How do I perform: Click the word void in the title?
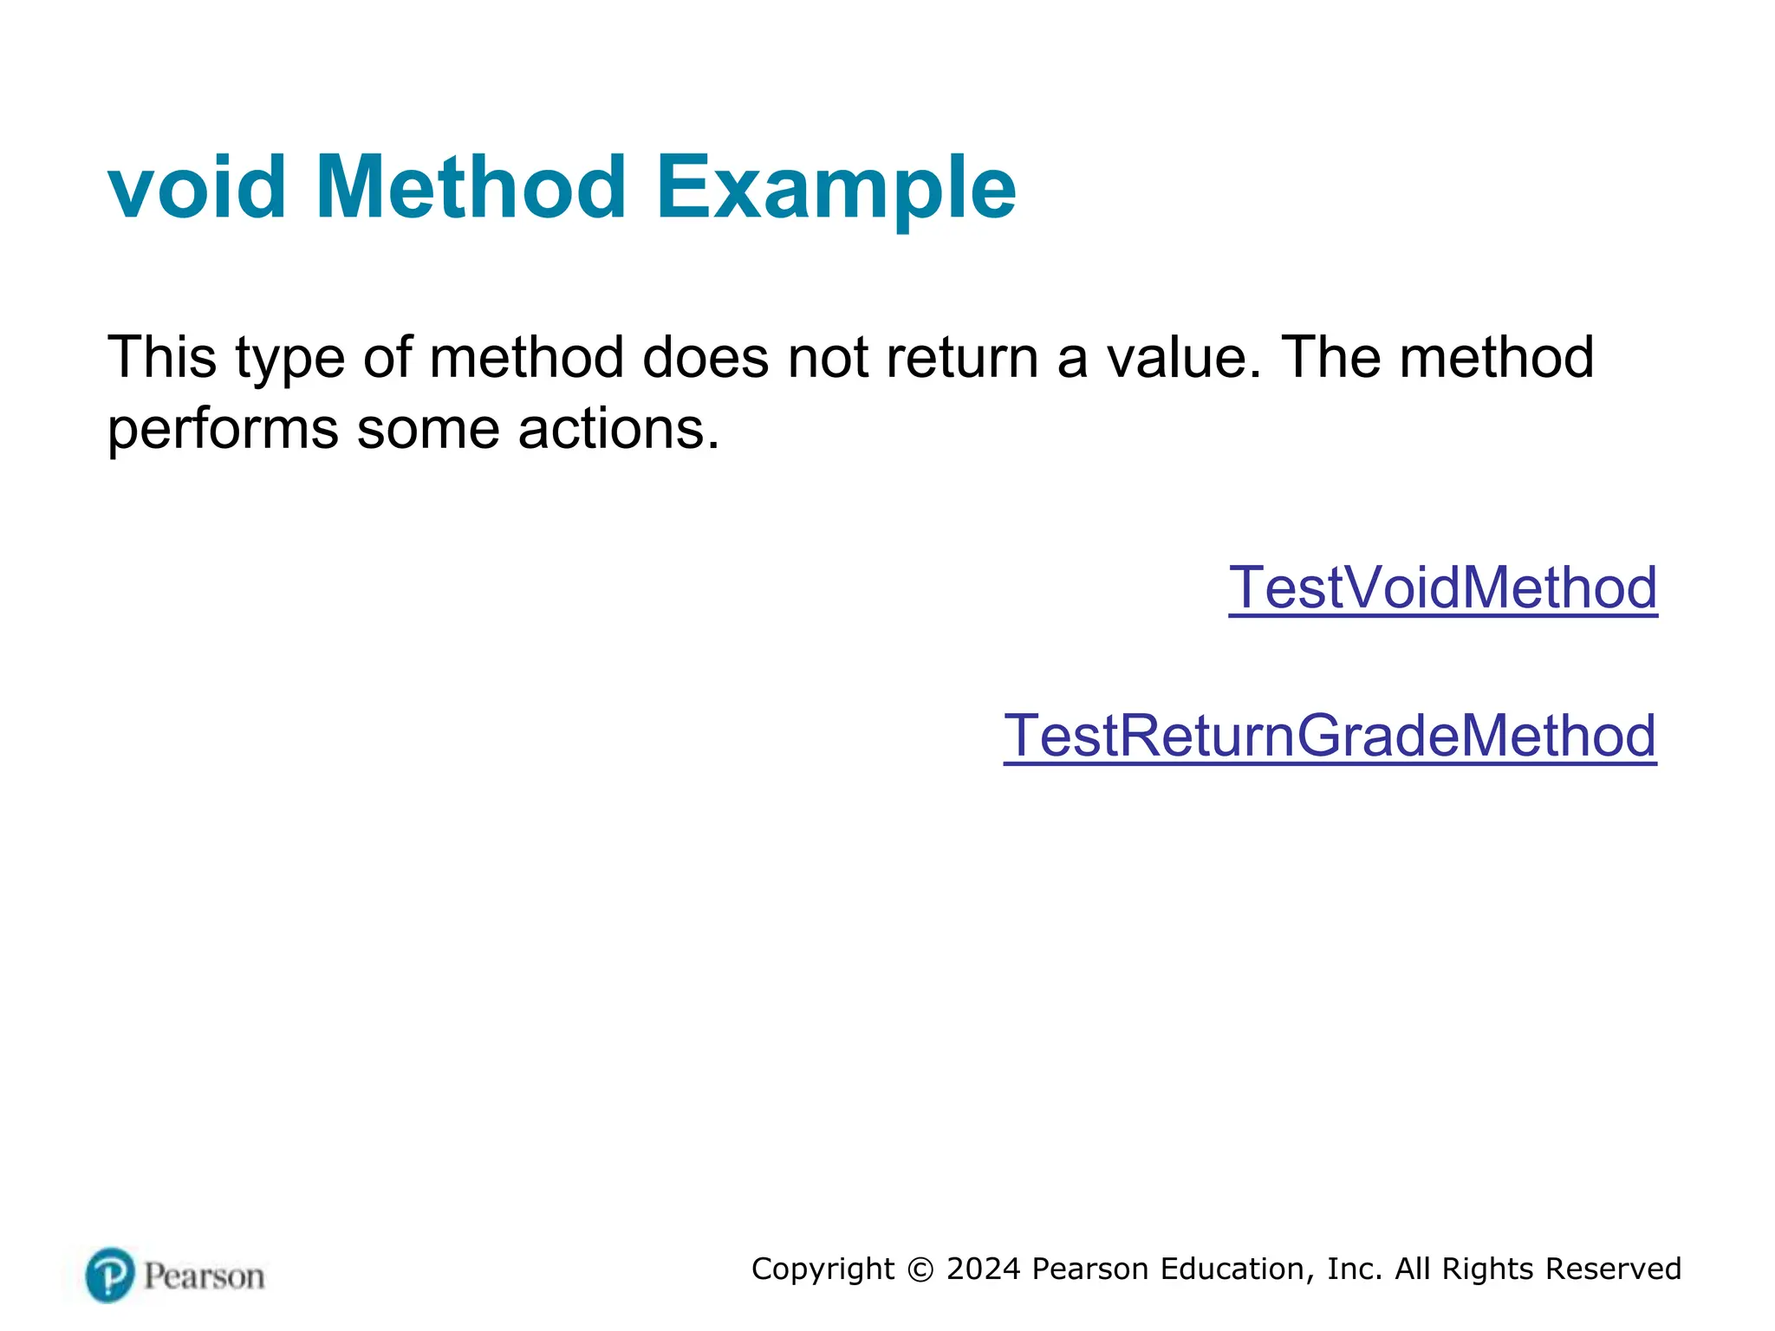click(197, 187)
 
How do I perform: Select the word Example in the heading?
click(835, 187)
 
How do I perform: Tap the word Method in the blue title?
click(471, 187)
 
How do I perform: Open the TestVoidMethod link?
click(1443, 588)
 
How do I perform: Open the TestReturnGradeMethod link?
click(1330, 736)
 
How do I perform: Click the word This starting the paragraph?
click(161, 357)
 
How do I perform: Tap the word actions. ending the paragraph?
click(619, 428)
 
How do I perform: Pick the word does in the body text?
click(705, 357)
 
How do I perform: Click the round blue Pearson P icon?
click(111, 1275)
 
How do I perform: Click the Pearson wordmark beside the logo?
click(204, 1276)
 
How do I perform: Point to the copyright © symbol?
click(920, 1269)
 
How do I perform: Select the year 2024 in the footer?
click(984, 1269)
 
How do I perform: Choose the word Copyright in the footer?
click(822, 1269)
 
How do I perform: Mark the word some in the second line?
click(428, 428)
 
